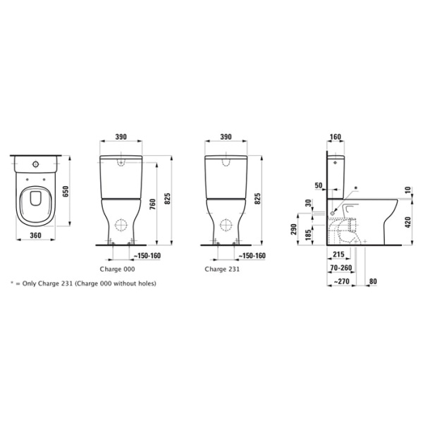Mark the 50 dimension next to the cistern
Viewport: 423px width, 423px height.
(319, 185)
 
